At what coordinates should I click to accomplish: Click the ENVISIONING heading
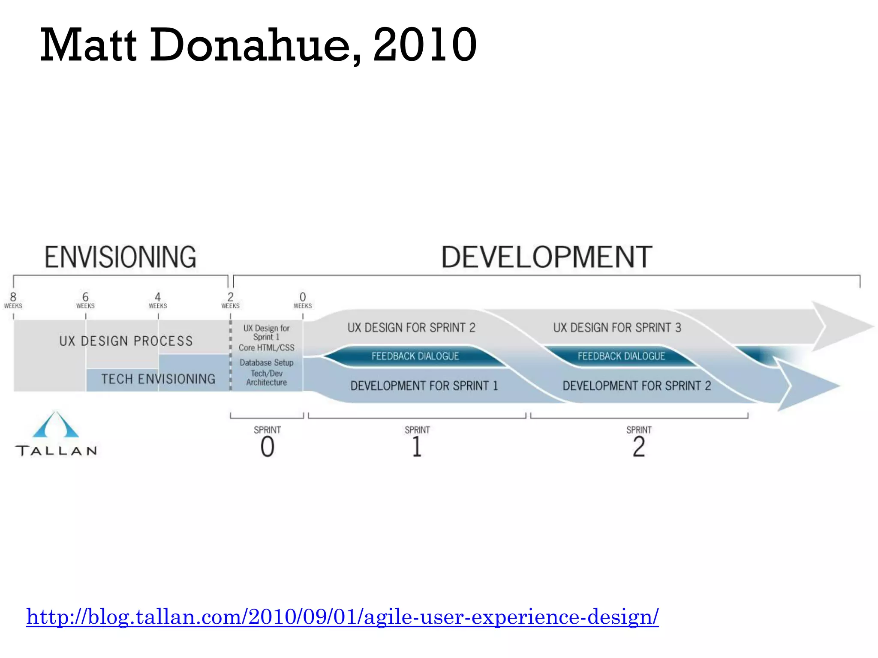(x=120, y=257)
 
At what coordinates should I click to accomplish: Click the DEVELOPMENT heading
(x=547, y=257)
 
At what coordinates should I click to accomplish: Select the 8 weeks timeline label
(x=13, y=300)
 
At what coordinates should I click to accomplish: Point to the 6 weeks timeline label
(x=85, y=300)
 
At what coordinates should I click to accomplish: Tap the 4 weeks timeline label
(x=158, y=300)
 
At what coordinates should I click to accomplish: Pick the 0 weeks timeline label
(x=303, y=300)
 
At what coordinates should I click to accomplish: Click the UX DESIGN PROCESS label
(x=126, y=341)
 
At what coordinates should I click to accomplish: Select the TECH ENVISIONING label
(x=158, y=379)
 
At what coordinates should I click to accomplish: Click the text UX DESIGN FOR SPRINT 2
(x=411, y=328)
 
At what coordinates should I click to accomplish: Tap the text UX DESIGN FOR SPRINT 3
(x=617, y=328)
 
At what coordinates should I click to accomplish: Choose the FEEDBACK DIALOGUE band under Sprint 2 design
(x=415, y=356)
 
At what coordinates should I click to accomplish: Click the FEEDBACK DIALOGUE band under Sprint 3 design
(x=621, y=356)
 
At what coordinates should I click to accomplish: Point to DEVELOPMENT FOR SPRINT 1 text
(x=424, y=386)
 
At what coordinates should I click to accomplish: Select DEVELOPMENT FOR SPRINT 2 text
(x=637, y=386)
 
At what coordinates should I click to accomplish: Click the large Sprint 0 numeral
(x=268, y=447)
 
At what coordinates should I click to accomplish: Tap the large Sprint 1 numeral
(x=417, y=447)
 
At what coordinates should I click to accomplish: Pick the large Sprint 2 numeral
(x=639, y=447)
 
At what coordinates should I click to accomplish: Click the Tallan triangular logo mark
(x=56, y=425)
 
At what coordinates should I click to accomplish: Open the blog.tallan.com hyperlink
(x=342, y=617)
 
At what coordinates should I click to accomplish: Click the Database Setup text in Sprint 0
(x=266, y=362)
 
